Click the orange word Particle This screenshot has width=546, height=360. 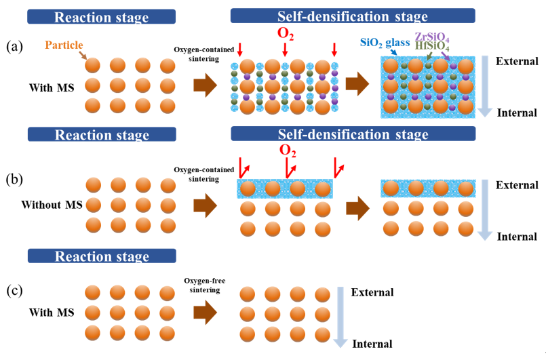click(66, 45)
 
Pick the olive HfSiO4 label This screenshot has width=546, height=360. click(432, 46)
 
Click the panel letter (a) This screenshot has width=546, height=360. click(15, 46)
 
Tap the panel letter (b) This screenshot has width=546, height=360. click(15, 180)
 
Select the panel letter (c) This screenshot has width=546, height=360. click(15, 292)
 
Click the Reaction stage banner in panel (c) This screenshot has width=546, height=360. click(101, 256)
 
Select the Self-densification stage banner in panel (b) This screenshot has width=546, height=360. click(352, 134)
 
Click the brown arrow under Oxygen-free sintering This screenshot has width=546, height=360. click(205, 313)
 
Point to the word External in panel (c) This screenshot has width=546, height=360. click(372, 292)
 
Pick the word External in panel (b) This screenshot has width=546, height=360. click(517, 185)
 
